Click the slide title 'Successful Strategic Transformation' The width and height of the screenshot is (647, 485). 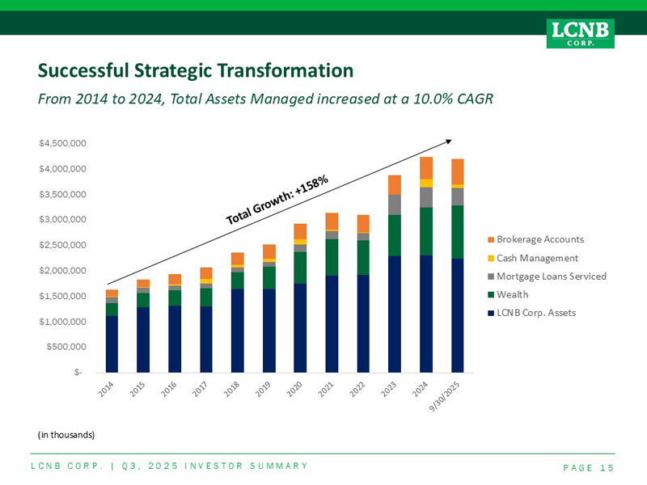(196, 71)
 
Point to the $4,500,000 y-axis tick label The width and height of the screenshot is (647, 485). (62, 144)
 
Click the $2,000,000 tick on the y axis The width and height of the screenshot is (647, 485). (62, 271)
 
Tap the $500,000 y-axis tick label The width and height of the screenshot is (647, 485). (66, 347)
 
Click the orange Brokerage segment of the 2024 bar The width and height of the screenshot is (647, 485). (426, 167)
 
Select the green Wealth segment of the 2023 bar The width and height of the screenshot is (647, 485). (395, 235)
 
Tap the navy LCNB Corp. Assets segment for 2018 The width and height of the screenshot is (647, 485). (237, 331)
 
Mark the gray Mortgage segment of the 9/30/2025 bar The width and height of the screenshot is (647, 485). (458, 196)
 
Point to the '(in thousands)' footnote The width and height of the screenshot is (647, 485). (66, 435)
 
